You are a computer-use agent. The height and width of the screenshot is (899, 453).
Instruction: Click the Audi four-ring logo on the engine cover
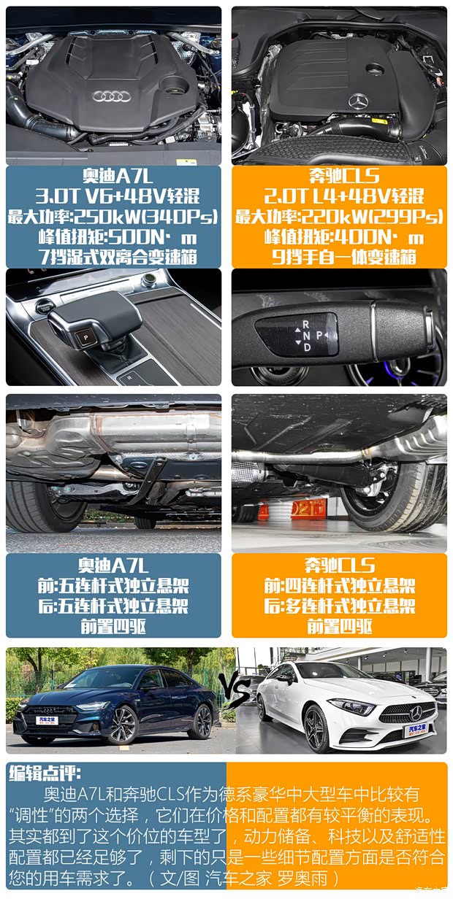tap(112, 96)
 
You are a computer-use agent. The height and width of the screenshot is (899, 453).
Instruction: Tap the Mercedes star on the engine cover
tap(359, 102)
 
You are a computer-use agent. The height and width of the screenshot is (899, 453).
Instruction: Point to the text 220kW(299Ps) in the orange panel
tap(372, 217)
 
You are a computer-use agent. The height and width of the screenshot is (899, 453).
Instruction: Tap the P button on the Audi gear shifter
tap(85, 338)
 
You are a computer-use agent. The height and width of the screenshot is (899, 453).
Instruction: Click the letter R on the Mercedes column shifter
tap(306, 324)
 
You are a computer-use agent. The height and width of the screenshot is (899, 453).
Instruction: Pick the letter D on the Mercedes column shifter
tap(308, 347)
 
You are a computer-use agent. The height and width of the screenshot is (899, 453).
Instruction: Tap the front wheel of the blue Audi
tap(123, 725)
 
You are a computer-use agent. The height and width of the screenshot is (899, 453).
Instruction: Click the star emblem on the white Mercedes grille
tap(416, 714)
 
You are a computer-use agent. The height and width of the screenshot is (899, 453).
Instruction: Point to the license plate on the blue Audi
tap(47, 720)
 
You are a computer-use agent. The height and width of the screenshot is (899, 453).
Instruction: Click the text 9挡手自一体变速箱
tap(344, 257)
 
